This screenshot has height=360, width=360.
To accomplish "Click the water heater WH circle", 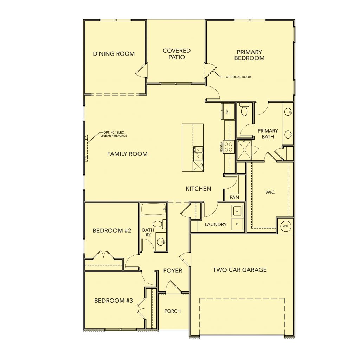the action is (285, 226).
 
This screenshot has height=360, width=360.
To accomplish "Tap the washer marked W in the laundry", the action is (237, 211).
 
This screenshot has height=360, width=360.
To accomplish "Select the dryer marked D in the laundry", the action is (237, 224).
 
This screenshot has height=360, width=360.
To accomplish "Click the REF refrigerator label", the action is (227, 111).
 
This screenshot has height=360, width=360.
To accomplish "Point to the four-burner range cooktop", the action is (229, 147).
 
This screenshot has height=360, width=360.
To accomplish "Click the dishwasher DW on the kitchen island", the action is (198, 166).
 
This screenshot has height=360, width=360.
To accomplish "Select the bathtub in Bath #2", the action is (153, 209).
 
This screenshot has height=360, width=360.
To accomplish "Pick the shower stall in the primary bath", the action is (244, 150).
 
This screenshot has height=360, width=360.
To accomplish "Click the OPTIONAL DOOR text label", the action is (238, 77).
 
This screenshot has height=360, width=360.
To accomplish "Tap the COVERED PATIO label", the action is (176, 54).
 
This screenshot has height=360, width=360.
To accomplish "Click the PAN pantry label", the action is (234, 197).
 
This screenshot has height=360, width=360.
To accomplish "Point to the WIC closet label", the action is (270, 192).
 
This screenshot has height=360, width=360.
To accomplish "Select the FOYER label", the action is (173, 271).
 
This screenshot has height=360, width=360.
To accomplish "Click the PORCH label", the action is (172, 311).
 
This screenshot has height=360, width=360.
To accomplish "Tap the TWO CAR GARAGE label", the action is (240, 270).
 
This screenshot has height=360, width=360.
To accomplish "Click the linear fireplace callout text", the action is (114, 134).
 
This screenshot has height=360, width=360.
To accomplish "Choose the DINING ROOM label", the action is (114, 54).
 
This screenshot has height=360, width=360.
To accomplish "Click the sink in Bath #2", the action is (161, 241).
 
